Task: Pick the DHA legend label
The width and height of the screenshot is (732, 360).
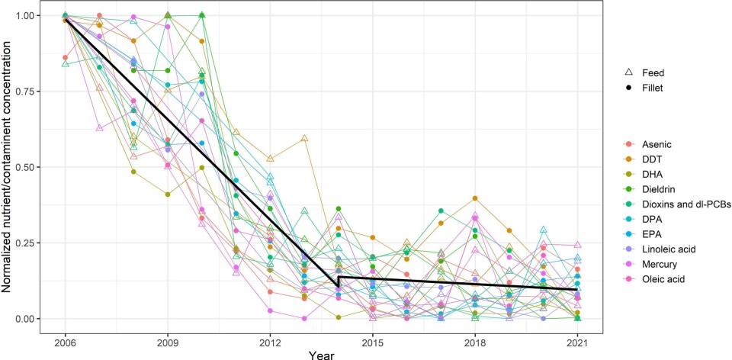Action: click(x=653, y=173)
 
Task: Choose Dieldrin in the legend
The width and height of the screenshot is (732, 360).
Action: click(x=659, y=188)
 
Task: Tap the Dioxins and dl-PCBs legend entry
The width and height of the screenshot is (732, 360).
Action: click(x=683, y=204)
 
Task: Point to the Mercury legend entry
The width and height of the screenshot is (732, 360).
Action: click(x=660, y=265)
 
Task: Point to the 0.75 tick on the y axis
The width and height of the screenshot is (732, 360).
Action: click(x=30, y=91)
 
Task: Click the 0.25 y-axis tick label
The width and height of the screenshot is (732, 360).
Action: click(x=30, y=243)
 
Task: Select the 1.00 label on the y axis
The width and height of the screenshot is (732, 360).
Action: click(x=30, y=15)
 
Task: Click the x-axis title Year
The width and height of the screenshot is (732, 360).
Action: click(x=321, y=353)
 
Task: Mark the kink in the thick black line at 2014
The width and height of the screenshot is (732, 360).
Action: click(x=336, y=285)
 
